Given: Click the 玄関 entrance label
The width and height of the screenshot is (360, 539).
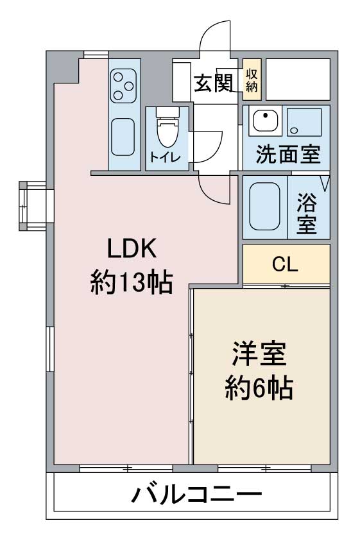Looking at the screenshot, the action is pyautogui.click(x=213, y=83).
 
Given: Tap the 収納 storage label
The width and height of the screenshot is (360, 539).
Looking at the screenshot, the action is pyautogui.click(x=252, y=80).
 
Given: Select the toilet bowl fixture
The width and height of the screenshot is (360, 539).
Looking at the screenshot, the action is pyautogui.click(x=167, y=128).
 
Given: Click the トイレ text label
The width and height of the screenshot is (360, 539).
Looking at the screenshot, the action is pyautogui.click(x=165, y=157).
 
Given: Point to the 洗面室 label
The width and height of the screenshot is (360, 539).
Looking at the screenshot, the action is pyautogui.click(x=288, y=155).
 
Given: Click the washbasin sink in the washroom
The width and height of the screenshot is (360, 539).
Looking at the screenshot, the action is pyautogui.click(x=265, y=121).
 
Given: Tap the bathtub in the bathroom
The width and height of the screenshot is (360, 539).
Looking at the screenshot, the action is pyautogui.click(x=265, y=206).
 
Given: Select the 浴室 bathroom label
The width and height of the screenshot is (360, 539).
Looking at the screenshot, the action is pyautogui.click(x=306, y=213).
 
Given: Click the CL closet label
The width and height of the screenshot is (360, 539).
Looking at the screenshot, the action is pyautogui.click(x=285, y=264).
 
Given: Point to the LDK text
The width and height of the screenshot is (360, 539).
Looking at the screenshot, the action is pyautogui.click(x=132, y=248).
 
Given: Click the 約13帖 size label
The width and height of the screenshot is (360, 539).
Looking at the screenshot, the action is pyautogui.click(x=132, y=282).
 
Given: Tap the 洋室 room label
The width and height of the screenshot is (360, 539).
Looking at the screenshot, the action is pyautogui.click(x=259, y=354).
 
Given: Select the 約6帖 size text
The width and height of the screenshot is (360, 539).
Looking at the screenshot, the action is pyautogui.click(x=259, y=388).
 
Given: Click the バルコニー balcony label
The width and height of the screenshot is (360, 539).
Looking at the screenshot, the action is pyautogui.click(x=196, y=495).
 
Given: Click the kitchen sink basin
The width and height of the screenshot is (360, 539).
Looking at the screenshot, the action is pyautogui.click(x=123, y=137).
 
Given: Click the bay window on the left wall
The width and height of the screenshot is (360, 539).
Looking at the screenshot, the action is pyautogui.click(x=33, y=206).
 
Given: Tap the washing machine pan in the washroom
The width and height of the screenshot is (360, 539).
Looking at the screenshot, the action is pyautogui.click(x=304, y=121).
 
